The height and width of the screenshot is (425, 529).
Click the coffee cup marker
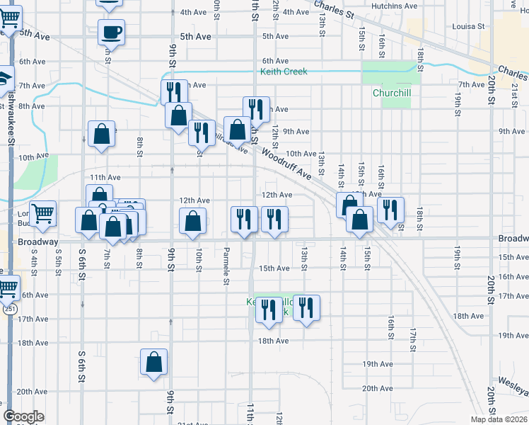111,32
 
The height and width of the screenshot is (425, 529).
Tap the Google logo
23,416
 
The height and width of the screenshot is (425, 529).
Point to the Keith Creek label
284,72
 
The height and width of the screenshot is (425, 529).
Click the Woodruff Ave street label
286,162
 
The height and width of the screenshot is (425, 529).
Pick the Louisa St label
467,26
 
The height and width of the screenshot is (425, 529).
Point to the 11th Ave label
105,177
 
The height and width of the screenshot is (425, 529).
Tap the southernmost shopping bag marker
153,363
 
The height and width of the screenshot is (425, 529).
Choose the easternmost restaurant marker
390,210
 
